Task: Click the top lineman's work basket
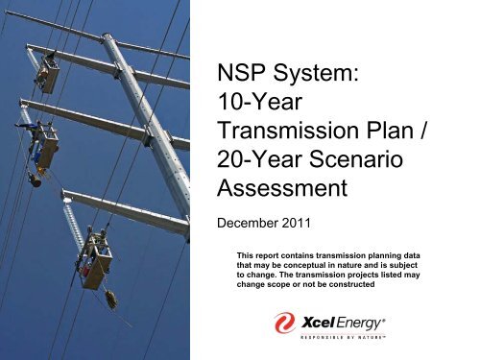click(x=47, y=77)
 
